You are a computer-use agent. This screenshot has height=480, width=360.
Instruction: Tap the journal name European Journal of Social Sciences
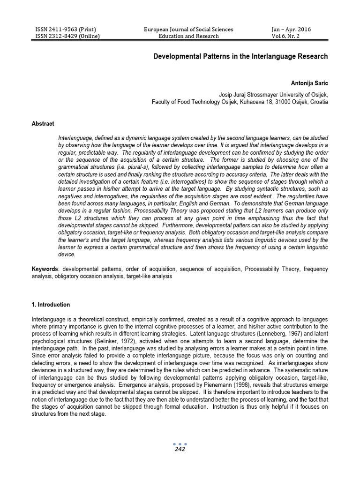188,30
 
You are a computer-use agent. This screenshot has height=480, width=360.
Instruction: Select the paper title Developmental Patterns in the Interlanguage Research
241,56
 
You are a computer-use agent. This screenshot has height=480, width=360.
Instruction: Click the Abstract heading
43,124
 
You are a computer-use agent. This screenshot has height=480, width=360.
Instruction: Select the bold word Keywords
45,269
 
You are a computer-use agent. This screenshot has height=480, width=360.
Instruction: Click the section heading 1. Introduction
51,305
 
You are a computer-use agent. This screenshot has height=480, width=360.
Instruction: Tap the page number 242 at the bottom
180,449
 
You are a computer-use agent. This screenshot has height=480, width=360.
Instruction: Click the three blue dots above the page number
180,443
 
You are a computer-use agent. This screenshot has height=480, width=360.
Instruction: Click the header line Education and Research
188,36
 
